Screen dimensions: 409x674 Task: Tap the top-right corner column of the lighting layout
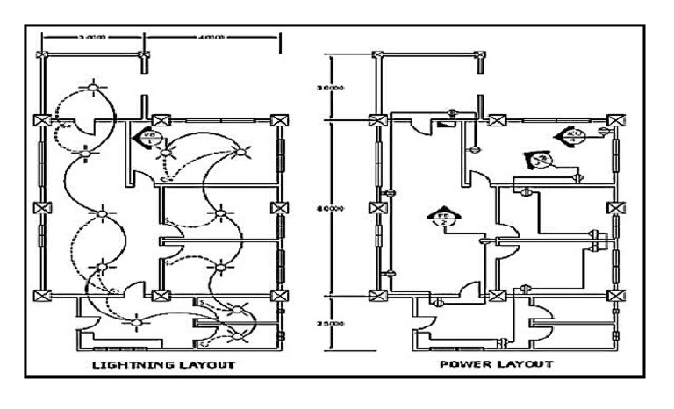point(279,120)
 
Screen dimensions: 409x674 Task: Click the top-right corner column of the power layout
point(617,120)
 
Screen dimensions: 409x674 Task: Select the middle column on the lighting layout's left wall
point(40,208)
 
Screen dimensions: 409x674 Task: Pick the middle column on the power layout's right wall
point(617,208)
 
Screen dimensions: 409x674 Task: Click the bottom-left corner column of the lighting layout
point(40,296)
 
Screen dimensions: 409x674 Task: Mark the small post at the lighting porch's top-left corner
point(40,54)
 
